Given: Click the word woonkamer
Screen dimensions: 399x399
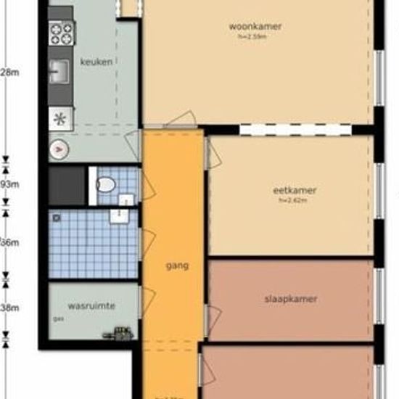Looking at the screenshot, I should tap(255, 27).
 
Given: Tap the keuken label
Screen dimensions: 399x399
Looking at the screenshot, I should tap(96, 62).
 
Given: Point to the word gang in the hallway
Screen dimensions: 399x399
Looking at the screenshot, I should tap(176, 266).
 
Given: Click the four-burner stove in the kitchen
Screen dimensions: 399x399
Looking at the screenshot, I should tap(62, 31).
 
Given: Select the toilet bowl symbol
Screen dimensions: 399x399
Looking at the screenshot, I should tap(105, 184).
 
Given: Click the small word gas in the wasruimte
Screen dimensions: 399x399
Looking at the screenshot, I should tap(57, 318).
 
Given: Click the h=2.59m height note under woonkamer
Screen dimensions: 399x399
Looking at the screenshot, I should tap(255, 36).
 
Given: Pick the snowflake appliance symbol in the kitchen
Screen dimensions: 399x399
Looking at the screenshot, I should tap(59, 120).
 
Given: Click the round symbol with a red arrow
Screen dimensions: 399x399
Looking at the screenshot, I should tap(59, 150).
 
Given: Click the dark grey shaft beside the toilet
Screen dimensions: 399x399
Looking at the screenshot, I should tap(66, 186).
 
